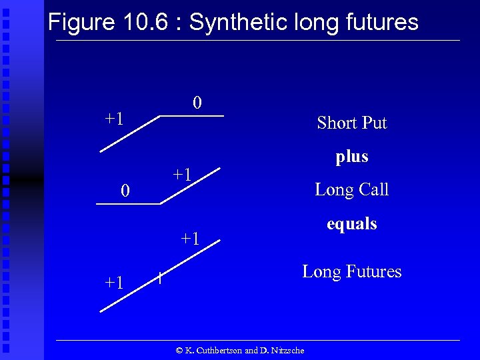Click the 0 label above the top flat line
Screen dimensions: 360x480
point(197,103)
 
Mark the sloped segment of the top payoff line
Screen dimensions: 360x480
point(131,134)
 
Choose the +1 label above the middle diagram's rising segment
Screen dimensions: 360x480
point(183,175)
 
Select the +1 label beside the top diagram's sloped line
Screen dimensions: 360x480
point(114,119)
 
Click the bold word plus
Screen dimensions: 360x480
point(352,157)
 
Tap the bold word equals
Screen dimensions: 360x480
point(352,223)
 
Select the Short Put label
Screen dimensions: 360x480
point(352,123)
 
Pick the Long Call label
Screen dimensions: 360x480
point(352,189)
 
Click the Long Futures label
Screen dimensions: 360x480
point(352,271)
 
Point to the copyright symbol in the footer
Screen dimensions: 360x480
point(179,351)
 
